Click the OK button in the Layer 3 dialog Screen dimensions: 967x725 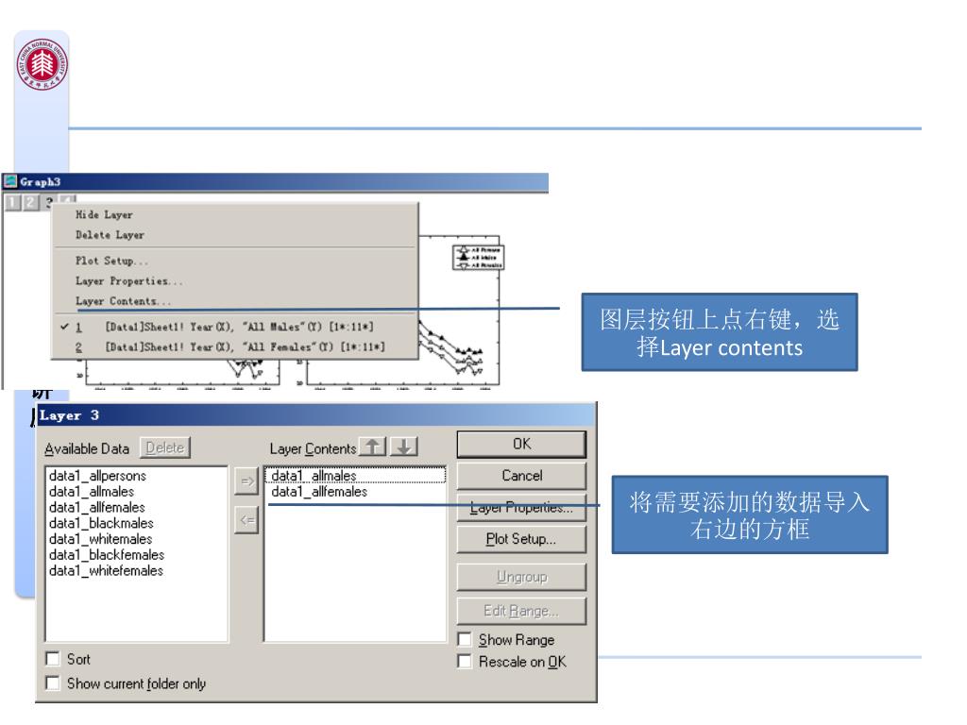click(x=520, y=444)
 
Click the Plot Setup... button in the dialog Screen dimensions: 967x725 click(x=520, y=541)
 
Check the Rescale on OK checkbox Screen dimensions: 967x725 click(x=464, y=659)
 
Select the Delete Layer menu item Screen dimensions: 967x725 click(x=110, y=235)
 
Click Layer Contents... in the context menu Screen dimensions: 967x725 click(x=124, y=301)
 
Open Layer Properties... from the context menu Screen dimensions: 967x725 click(x=128, y=280)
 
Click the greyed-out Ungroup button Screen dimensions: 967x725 click(x=520, y=575)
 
